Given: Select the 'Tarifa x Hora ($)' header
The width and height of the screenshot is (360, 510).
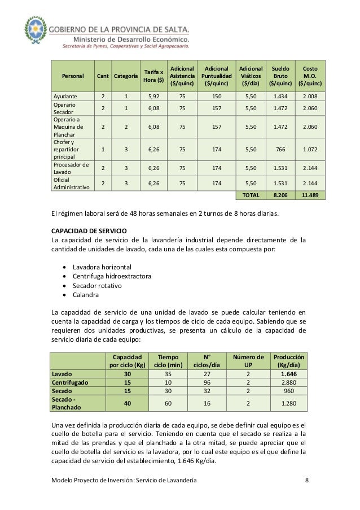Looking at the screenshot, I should coord(153,75).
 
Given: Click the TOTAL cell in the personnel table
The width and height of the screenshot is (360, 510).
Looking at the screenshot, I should coord(251,195).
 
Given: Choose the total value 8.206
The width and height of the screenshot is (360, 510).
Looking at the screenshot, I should coord(280,195).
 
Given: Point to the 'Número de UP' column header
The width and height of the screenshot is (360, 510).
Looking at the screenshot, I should coord(248,360).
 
